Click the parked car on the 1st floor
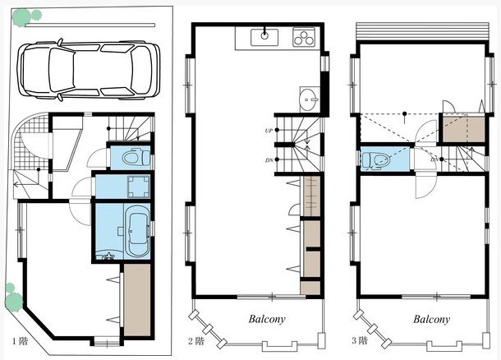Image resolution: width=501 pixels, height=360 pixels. (x=89, y=69)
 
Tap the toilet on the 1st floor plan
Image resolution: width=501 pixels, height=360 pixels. (x=136, y=158)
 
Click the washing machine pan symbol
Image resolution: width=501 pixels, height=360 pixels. (x=138, y=187)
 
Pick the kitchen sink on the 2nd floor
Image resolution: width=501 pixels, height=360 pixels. (x=264, y=37)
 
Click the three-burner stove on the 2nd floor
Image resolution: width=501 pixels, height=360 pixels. (x=304, y=38)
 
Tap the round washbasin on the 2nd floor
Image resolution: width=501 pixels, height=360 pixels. (x=309, y=99)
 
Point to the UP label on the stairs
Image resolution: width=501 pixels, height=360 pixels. (x=269, y=131)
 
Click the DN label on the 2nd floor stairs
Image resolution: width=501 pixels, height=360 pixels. (x=269, y=160)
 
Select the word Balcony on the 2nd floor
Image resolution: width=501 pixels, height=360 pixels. (x=267, y=319)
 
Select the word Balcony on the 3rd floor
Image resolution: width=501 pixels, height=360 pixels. (x=431, y=319)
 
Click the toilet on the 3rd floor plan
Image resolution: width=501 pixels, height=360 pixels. (x=376, y=159)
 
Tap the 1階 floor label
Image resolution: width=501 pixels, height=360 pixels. (x=21, y=341)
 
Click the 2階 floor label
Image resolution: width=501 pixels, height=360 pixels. (x=195, y=341)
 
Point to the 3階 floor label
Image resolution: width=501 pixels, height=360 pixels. (x=360, y=340)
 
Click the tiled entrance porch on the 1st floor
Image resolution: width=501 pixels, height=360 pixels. (x=31, y=141)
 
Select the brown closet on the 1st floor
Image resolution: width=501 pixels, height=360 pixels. (x=137, y=300)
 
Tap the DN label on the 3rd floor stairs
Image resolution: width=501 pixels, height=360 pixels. (x=434, y=159)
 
